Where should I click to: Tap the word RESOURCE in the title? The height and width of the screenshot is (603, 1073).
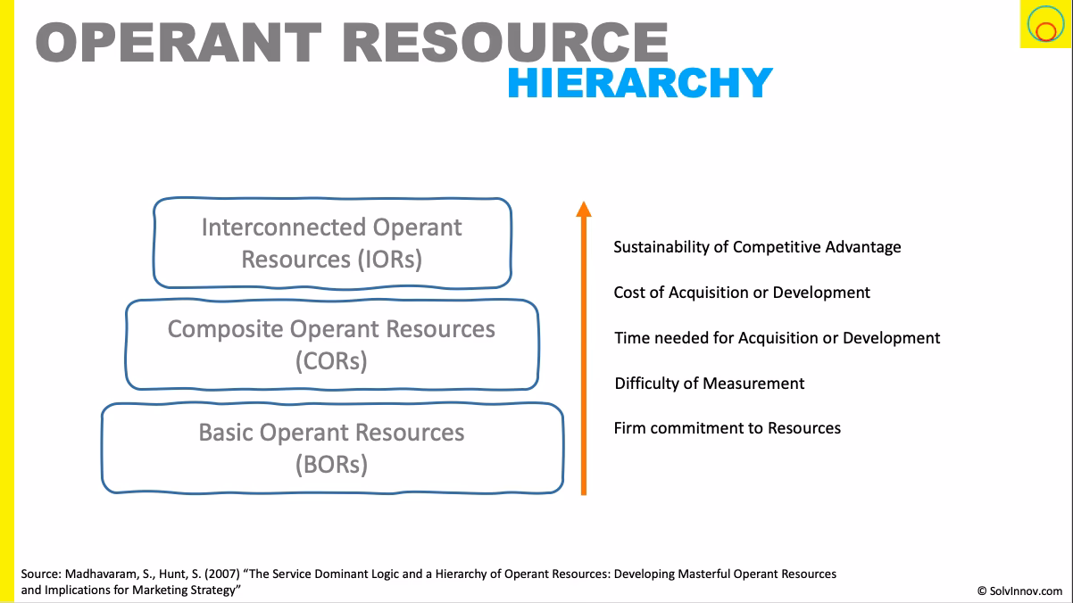[505, 42]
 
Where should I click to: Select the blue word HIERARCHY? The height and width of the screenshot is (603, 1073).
[639, 83]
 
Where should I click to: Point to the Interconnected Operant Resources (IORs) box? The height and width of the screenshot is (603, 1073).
[332, 243]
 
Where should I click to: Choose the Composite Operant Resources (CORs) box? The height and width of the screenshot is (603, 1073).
[331, 344]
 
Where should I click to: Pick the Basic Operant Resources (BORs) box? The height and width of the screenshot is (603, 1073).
[331, 448]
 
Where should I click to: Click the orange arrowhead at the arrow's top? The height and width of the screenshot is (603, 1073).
[583, 209]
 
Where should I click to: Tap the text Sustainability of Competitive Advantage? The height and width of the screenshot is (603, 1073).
[757, 247]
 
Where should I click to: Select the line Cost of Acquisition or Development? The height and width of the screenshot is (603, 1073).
[741, 293]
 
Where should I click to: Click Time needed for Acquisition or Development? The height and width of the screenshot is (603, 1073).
[777, 338]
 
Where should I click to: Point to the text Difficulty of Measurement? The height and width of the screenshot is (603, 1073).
[709, 384]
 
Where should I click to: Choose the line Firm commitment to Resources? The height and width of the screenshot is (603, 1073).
[727, 428]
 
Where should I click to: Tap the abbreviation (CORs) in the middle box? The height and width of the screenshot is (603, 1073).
[331, 361]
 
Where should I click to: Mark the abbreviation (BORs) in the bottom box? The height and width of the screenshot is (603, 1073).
[331, 465]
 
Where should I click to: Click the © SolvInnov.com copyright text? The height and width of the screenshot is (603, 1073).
[1019, 591]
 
